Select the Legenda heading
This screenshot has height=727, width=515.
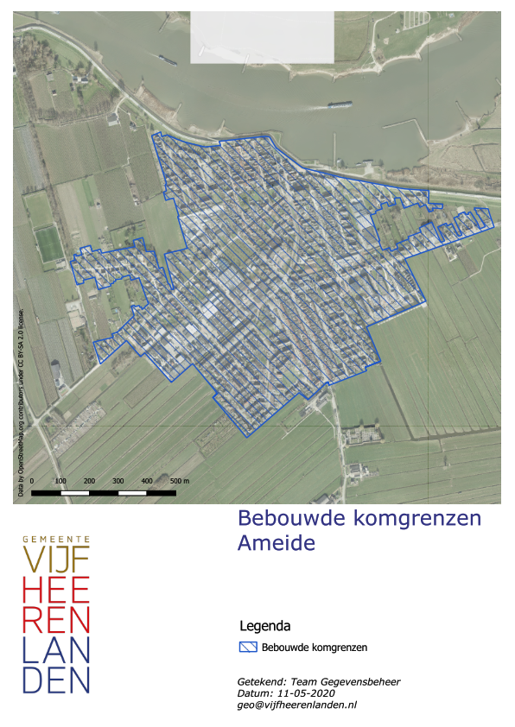click(x=264, y=625)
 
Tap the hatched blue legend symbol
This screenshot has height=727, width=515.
click(x=248, y=647)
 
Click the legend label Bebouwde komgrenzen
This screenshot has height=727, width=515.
click(x=315, y=647)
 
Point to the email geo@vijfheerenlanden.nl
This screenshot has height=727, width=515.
click(x=296, y=705)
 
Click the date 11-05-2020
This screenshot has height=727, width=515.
click(x=305, y=693)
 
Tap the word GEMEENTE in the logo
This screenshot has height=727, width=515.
click(x=56, y=539)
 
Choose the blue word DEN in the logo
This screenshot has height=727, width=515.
click(x=56, y=680)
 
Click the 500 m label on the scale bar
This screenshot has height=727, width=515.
click(x=179, y=480)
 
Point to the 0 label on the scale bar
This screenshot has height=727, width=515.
click(x=32, y=480)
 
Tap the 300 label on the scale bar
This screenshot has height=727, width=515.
click(x=118, y=480)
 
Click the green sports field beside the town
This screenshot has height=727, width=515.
click(x=49, y=243)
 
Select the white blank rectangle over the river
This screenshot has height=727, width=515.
click(x=262, y=37)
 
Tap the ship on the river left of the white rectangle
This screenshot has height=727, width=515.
click(x=167, y=60)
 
